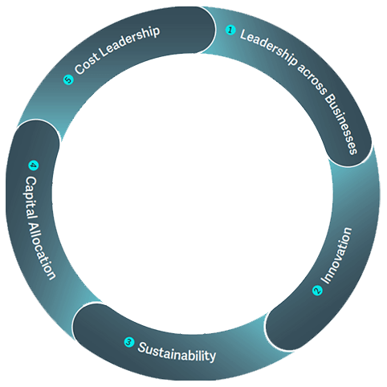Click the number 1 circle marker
pyautogui.click(x=230, y=30)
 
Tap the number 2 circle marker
pyautogui.click(x=317, y=291)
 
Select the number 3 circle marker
pyautogui.click(x=129, y=342)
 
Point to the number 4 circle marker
pyautogui.click(x=34, y=165)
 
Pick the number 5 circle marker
pyautogui.click(x=68, y=79)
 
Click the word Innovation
pyautogui.click(x=336, y=255)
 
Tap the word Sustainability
pyautogui.click(x=177, y=352)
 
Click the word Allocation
pyautogui.click(x=43, y=251)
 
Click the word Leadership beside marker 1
pyautogui.click(x=268, y=47)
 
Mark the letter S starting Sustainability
pyautogui.click(x=141, y=347)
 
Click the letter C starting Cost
pyautogui.click(x=79, y=69)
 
